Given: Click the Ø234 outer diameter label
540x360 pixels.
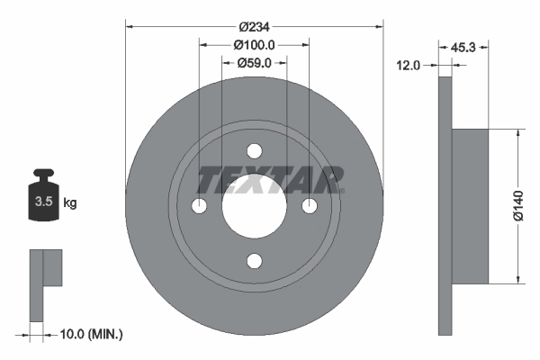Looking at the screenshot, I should (x=255, y=13).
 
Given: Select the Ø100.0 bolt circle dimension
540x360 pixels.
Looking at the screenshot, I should (x=255, y=45).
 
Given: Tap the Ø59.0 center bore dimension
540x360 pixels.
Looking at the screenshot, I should (x=255, y=63).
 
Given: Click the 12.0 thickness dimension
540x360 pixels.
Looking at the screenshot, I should (x=409, y=64).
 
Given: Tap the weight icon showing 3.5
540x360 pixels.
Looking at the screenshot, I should (x=41, y=199).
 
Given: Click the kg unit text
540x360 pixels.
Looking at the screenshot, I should (x=70, y=203).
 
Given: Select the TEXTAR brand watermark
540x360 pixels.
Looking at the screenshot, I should (x=271, y=180).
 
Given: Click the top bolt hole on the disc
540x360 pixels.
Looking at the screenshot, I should (x=255, y=150).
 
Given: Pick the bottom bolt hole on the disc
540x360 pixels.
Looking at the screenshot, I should (x=255, y=261).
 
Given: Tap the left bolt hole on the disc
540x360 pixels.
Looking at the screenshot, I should (x=200, y=206).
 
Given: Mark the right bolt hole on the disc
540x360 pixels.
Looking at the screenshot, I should (x=310, y=206).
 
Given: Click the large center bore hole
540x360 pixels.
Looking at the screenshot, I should (x=255, y=206).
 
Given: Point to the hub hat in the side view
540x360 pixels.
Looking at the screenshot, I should (x=470, y=206).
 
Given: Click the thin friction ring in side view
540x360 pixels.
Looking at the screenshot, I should (x=445, y=206).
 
